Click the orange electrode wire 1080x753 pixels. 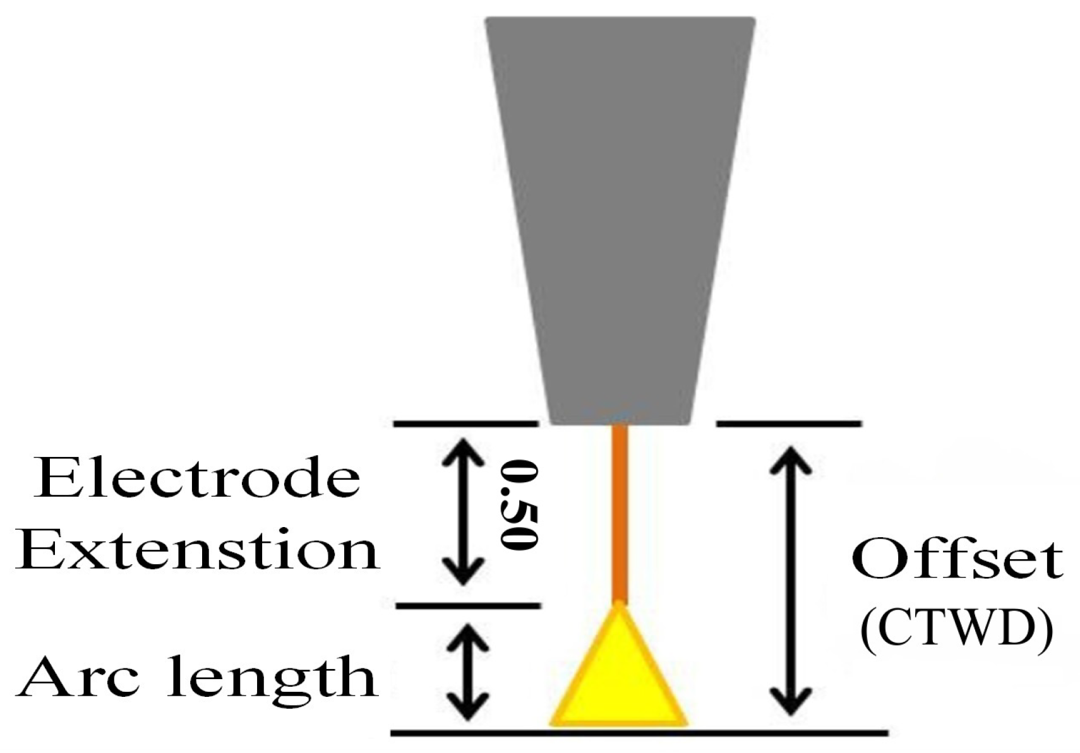(x=620, y=511)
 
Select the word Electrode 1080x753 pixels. (x=197, y=478)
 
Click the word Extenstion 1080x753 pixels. (x=197, y=551)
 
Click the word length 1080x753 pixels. (x=272, y=677)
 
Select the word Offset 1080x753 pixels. (x=957, y=559)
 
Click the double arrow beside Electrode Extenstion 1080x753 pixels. (x=464, y=511)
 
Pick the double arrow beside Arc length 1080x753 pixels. (x=469, y=672)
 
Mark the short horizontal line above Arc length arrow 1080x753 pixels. (x=468, y=606)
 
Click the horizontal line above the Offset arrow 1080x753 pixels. (x=789, y=424)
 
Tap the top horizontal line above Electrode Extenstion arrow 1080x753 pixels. (x=466, y=424)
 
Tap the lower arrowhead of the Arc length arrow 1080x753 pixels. (x=469, y=710)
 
